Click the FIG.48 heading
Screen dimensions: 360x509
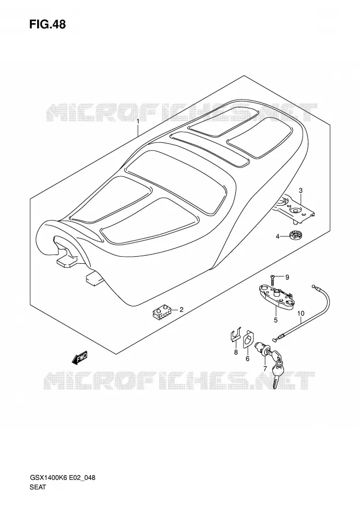pyautogui.click(x=48, y=24)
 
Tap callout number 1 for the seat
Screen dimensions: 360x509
pyautogui.click(x=138, y=121)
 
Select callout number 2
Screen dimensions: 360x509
pyautogui.click(x=182, y=309)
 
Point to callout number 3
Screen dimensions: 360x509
pyautogui.click(x=300, y=190)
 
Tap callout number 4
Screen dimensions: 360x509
pyautogui.click(x=277, y=236)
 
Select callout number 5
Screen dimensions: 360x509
pyautogui.click(x=276, y=320)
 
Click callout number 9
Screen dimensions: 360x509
pyautogui.click(x=287, y=277)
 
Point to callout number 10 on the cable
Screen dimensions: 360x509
pyautogui.click(x=300, y=313)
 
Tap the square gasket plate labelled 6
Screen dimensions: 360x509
pyautogui.click(x=248, y=342)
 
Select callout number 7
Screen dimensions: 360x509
pyautogui.click(x=265, y=368)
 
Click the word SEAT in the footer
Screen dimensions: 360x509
pyautogui.click(x=38, y=487)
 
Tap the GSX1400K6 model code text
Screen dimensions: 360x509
pyautogui.click(x=48, y=477)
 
